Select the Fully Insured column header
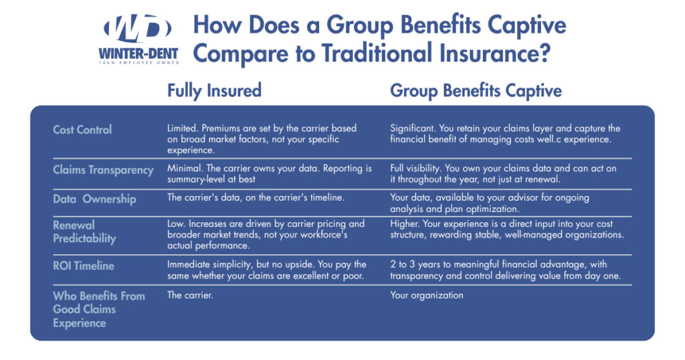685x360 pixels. (214, 90)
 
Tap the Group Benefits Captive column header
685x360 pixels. (476, 90)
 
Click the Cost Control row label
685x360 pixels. (82, 129)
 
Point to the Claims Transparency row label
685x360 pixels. (103, 170)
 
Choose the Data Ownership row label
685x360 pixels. (94, 199)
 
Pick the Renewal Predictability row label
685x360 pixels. (84, 232)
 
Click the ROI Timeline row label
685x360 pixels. (84, 266)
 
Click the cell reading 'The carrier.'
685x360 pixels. (189, 295)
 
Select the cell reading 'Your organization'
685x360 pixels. (426, 295)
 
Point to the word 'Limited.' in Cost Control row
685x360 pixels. (183, 128)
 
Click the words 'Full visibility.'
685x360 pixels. (417, 169)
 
